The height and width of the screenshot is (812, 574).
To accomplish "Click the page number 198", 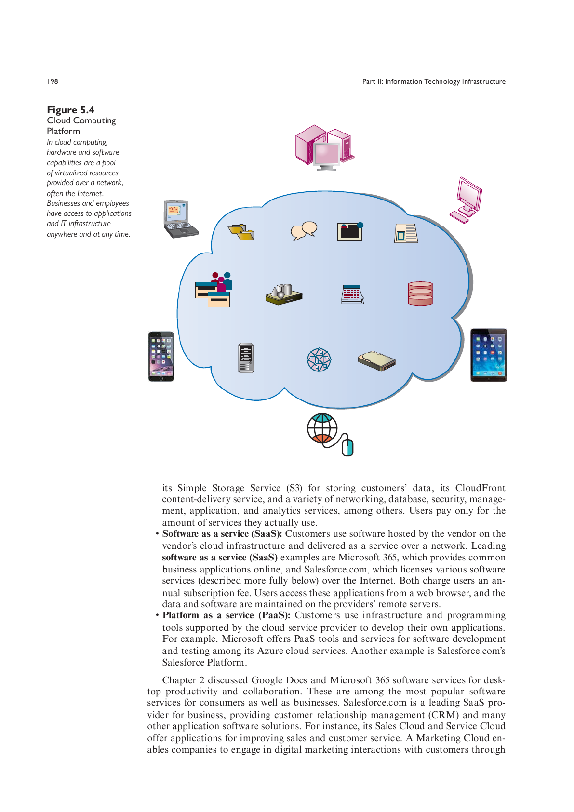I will (x=53, y=81).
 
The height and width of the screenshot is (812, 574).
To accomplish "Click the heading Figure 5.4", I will (x=70, y=110).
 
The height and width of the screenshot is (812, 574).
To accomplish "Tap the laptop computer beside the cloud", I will (x=180, y=219).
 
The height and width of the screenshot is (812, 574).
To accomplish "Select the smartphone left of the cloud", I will (x=161, y=357).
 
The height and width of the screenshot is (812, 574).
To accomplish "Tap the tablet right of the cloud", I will (x=488, y=355).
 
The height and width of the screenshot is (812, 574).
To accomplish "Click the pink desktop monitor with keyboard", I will (x=466, y=200).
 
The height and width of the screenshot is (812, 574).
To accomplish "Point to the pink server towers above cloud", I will (x=324, y=146).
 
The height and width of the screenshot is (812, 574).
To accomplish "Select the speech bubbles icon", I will (x=304, y=231).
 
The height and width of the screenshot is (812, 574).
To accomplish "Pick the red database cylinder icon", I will (x=420, y=293).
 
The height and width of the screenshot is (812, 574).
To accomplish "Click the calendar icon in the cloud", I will (x=352, y=294).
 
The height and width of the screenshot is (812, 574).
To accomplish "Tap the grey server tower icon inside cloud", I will (x=246, y=358).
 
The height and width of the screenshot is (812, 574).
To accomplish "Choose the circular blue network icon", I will (x=319, y=360).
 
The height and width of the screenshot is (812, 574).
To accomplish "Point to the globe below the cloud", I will (x=322, y=428).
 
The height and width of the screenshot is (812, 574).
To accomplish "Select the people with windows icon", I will (x=214, y=290).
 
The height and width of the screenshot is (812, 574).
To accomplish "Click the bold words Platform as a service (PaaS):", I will (x=226, y=615).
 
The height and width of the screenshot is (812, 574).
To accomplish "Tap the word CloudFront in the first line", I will (x=480, y=488).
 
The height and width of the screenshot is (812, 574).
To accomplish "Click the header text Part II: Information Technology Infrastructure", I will (x=434, y=81).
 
